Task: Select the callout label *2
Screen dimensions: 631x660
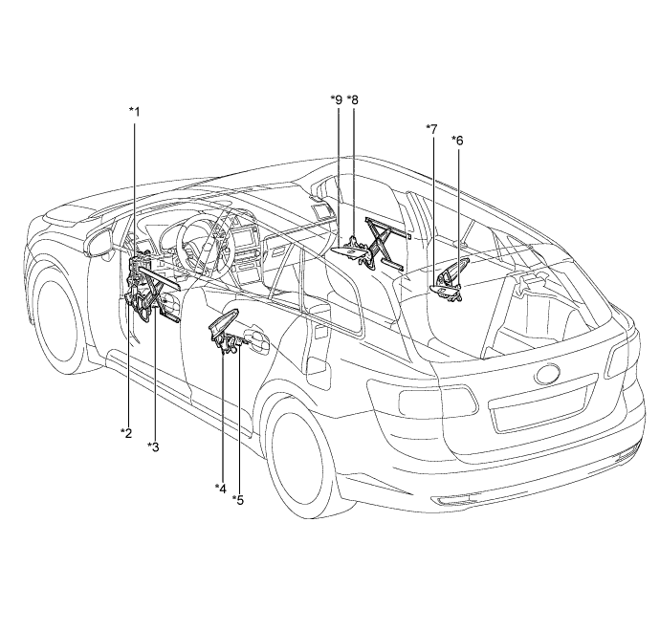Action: click(x=126, y=434)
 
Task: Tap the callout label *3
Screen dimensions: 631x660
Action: click(x=153, y=446)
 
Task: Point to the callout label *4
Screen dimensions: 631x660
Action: click(x=221, y=488)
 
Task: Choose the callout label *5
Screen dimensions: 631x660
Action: click(x=238, y=499)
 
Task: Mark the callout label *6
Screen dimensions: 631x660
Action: click(x=457, y=141)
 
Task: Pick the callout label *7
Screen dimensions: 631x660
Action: click(x=432, y=128)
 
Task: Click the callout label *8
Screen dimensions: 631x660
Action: click(x=353, y=99)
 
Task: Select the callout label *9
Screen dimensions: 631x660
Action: click(x=335, y=99)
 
